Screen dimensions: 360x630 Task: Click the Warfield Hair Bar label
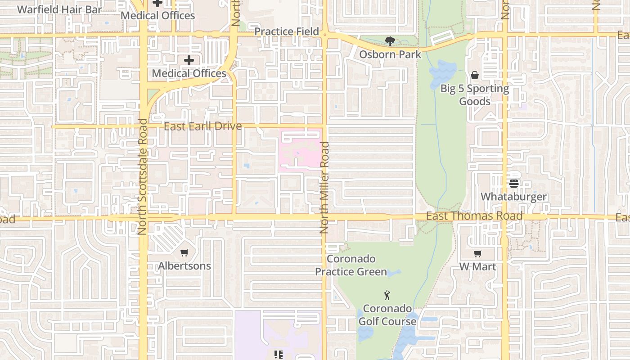click(59, 9)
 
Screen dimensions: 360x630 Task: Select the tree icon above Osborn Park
click(390, 42)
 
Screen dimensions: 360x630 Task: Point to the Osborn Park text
click(390, 54)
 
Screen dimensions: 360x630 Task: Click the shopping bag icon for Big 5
click(474, 75)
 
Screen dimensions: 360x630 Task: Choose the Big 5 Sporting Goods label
click(474, 94)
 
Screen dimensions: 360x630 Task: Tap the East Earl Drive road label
click(202, 126)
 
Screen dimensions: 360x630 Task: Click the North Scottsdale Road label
click(142, 176)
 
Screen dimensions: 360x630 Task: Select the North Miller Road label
click(324, 187)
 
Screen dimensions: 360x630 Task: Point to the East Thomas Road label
click(474, 216)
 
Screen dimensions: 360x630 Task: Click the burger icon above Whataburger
click(514, 184)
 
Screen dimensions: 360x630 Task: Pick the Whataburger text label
click(514, 197)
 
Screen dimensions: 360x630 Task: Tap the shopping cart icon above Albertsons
click(184, 253)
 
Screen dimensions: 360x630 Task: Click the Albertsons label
click(184, 266)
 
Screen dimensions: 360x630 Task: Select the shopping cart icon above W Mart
click(477, 254)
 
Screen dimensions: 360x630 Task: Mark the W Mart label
click(477, 266)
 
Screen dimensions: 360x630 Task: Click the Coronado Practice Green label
click(351, 265)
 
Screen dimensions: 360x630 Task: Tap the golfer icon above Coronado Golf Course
click(387, 296)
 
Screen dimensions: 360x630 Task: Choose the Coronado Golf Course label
click(387, 315)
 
